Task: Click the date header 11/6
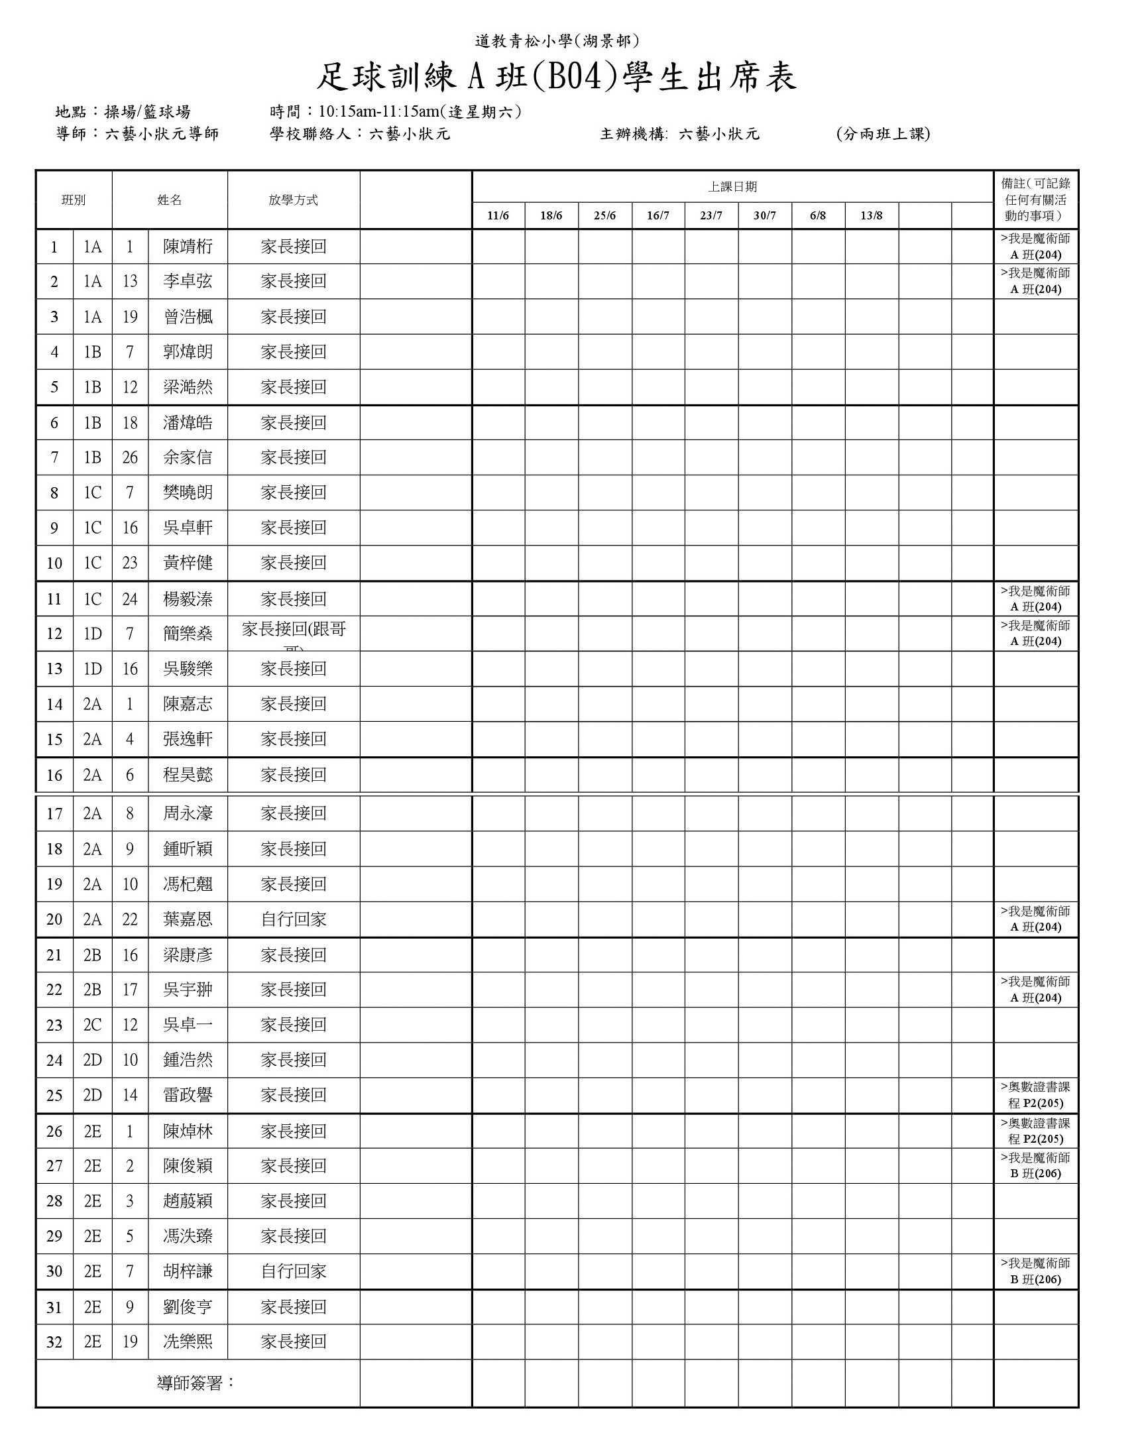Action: (498, 215)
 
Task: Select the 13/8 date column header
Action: (872, 215)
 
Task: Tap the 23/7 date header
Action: (711, 215)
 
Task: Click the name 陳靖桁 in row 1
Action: (188, 247)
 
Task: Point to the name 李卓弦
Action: (188, 281)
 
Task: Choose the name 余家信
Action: (188, 457)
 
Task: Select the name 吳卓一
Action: (188, 1025)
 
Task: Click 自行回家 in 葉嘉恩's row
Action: (294, 919)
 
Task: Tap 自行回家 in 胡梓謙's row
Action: (294, 1271)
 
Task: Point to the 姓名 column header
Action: (170, 200)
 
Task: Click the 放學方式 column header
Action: (294, 200)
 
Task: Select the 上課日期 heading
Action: (732, 187)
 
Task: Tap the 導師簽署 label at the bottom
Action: (196, 1383)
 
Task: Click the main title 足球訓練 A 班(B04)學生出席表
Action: (556, 78)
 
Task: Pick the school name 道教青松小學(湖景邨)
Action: (556, 42)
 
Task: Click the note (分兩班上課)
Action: (883, 134)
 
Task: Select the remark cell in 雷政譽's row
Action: (1035, 1095)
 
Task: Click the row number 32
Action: (54, 1342)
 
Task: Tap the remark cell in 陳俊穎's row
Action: (1035, 1166)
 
